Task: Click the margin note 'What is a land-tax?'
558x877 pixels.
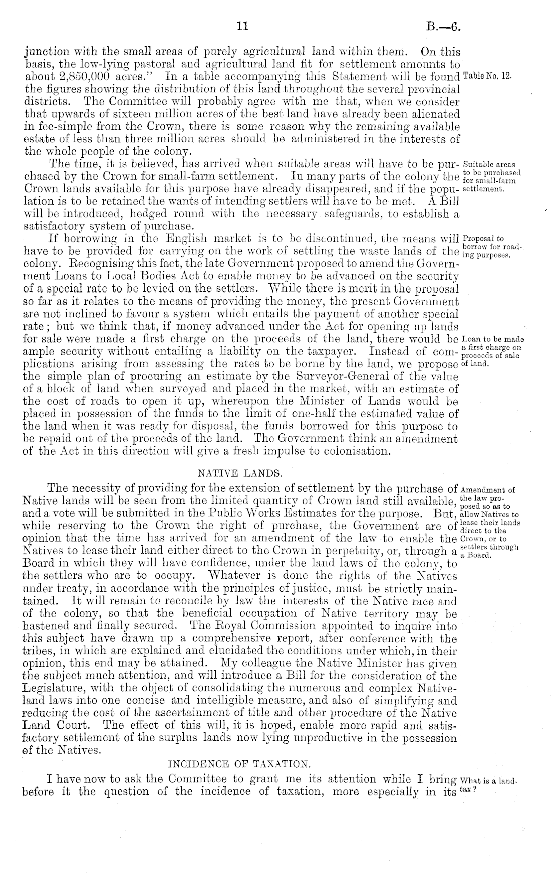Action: click(x=487, y=783)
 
